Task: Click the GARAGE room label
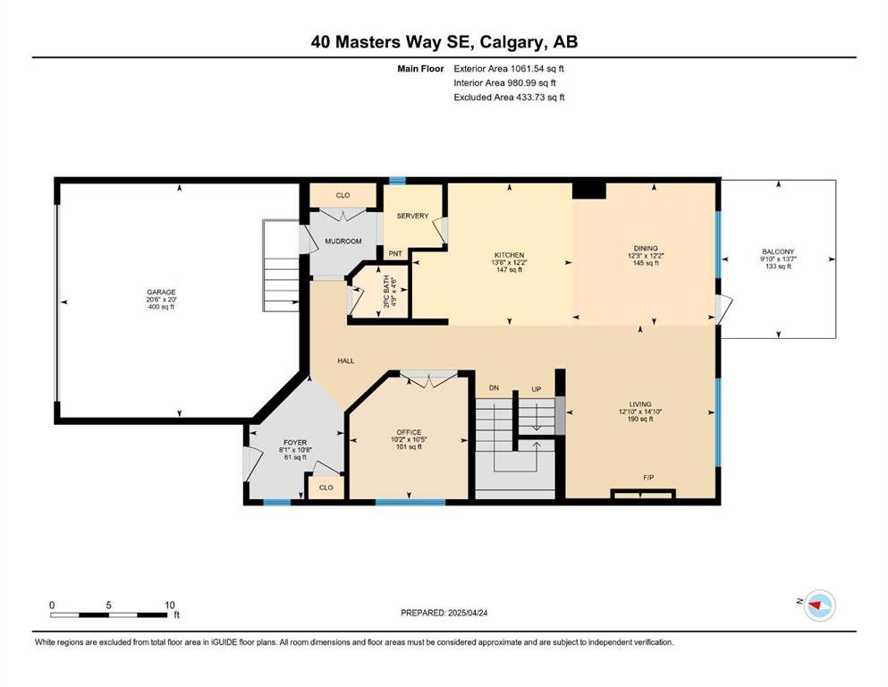tap(161, 293)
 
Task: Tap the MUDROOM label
tap(343, 242)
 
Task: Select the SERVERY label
tap(413, 216)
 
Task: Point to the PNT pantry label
tap(395, 253)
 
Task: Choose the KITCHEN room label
tap(509, 256)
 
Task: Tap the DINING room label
tap(646, 248)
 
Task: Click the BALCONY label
tap(778, 251)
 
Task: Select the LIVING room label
tap(640, 404)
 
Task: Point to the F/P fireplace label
tap(649, 478)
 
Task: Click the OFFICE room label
tap(409, 432)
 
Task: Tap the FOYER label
tap(295, 442)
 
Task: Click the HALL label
tap(346, 360)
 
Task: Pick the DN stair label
tap(495, 388)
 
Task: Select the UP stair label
tap(537, 389)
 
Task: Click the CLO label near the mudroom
tap(343, 195)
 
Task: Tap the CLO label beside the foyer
tap(326, 488)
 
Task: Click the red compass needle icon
tap(816, 606)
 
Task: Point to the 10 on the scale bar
tap(170, 605)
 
